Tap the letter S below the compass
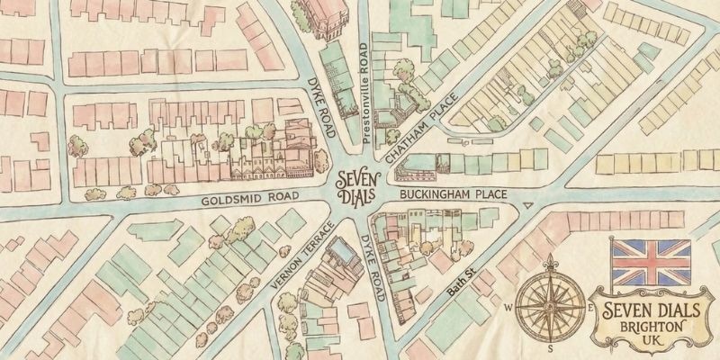click(x=551, y=347)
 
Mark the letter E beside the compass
click(x=591, y=306)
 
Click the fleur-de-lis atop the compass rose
click(x=551, y=264)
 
